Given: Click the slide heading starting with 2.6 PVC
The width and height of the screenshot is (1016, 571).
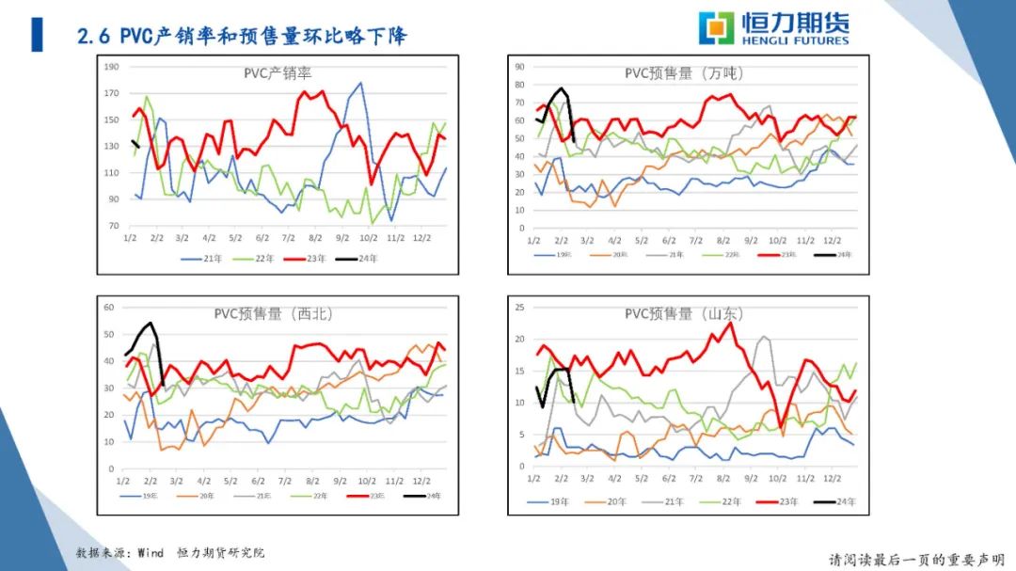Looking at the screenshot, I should (242, 37).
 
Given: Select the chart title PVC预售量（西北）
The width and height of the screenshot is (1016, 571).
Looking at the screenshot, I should (274, 313).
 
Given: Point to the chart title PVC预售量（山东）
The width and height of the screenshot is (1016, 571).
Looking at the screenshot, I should (685, 313).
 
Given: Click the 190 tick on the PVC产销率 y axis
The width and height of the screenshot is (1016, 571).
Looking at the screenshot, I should (112, 67).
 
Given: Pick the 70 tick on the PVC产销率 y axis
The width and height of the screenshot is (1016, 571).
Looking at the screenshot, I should (114, 226).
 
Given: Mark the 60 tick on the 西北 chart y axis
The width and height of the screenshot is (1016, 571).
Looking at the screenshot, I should (108, 308).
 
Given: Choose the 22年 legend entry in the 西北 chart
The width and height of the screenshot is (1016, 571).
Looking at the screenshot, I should (318, 495).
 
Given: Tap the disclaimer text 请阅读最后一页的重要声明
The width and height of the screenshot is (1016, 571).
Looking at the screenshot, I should (914, 559).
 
